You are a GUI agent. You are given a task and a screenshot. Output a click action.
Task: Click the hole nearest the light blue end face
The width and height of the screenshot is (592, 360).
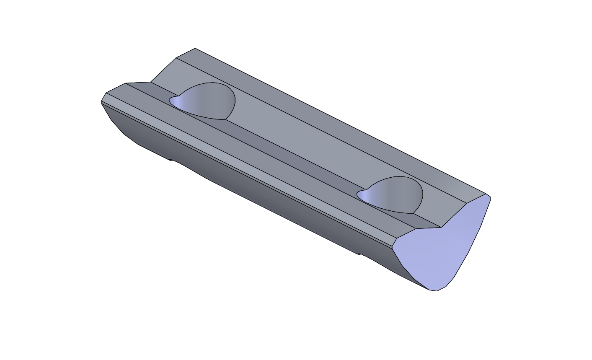click(392, 194)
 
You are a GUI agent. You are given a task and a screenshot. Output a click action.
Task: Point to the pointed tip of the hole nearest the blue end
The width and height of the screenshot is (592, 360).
click(359, 194)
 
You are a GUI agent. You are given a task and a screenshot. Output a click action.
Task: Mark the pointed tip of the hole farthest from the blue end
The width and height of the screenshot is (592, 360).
click(171, 100)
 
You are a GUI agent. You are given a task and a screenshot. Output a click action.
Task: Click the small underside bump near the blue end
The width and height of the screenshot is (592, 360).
click(358, 254)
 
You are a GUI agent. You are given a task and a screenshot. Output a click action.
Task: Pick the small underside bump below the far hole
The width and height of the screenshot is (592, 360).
click(171, 160)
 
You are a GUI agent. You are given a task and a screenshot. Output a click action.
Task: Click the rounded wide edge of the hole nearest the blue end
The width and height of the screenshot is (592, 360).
click(421, 195)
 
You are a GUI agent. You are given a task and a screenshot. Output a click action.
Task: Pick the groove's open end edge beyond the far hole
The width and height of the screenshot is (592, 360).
click(138, 83)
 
